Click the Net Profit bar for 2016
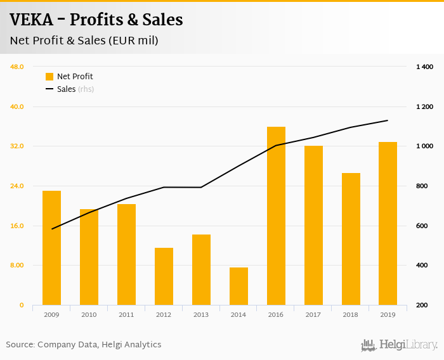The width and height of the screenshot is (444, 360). click(276, 216)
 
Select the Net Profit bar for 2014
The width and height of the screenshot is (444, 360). click(238, 286)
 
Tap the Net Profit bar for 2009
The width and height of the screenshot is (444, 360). click(51, 248)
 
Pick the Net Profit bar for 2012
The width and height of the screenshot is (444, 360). click(164, 276)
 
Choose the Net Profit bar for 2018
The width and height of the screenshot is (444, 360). click(351, 239)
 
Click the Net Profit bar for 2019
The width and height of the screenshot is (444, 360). click(388, 224)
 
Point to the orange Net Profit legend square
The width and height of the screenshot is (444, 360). click(49, 77)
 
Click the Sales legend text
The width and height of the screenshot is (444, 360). click(66, 89)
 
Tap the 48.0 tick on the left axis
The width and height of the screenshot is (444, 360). click(16, 67)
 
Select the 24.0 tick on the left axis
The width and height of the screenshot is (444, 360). click(16, 186)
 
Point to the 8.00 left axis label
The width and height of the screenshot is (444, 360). click(16, 266)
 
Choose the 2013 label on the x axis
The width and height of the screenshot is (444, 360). click(201, 314)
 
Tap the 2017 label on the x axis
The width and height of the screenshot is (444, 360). click(313, 314)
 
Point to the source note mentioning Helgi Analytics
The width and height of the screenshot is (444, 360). click(84, 345)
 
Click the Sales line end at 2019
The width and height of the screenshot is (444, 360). click(388, 120)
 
